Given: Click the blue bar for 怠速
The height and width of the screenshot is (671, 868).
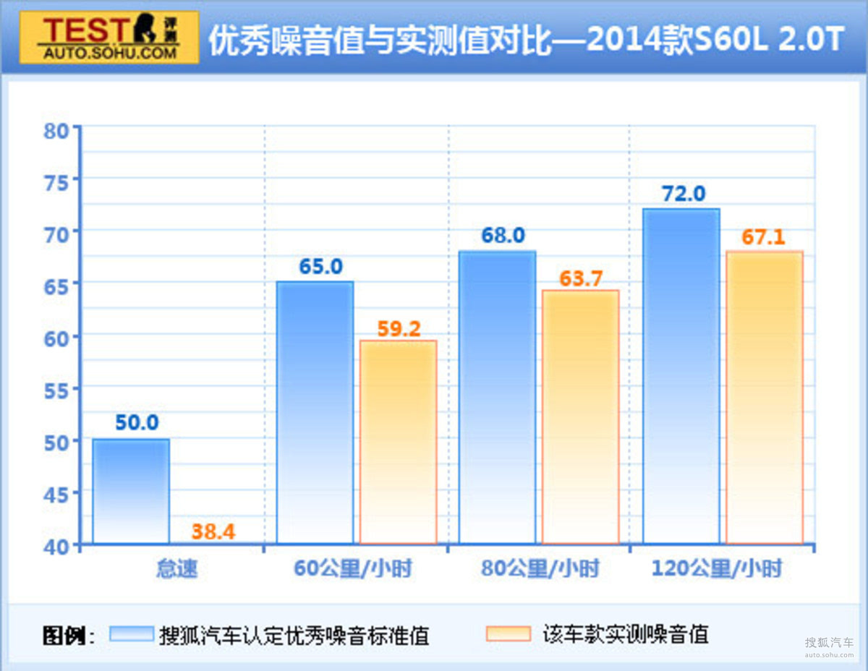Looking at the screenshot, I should coord(131,491).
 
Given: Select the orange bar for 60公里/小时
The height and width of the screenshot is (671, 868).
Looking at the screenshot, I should coord(399,442).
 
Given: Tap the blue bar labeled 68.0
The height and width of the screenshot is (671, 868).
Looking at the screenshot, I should coord(498,397).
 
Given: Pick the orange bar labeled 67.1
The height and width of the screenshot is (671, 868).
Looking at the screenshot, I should coord(765,397).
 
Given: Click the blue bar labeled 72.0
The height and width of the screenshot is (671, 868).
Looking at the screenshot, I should coord(681,376).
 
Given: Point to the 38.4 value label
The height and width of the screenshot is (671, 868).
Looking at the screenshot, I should coord(213,531).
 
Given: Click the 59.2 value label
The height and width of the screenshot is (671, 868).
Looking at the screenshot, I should coord(399,328).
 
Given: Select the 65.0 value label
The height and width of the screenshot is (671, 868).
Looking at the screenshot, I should coord(321,266).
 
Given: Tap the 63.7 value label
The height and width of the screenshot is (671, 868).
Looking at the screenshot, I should coord(581,278).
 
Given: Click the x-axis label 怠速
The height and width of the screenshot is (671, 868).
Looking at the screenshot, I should coord(176,569).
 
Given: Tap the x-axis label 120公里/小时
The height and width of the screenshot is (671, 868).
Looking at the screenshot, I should coord(717,569).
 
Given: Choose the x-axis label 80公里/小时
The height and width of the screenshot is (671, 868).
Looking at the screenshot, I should coord(540,569).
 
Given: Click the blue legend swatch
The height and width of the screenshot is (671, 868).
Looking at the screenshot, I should coord(132,634).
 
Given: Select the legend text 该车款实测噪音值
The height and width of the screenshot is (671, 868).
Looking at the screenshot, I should coord(625,634).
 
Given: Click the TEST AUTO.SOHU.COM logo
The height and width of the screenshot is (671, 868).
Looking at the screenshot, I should coord(109,37).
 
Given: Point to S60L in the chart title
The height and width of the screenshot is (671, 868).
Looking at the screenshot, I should coord(731,40).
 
